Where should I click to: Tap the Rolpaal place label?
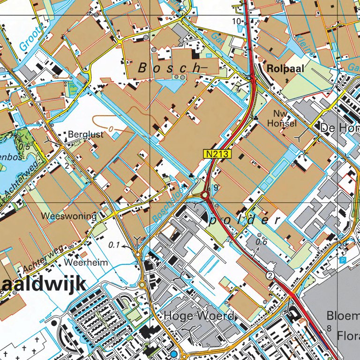point(285,68)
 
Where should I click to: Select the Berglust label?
point(85,135)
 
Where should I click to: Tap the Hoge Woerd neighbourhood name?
point(199,316)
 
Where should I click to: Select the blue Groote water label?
point(31,37)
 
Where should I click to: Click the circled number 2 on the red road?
point(270,275)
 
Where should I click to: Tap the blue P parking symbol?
point(342,259)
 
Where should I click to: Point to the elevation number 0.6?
point(261,242)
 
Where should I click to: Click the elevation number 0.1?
point(114,245)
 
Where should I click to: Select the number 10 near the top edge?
point(237,22)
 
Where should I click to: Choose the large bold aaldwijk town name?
point(44,284)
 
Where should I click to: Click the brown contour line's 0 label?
point(111,128)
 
